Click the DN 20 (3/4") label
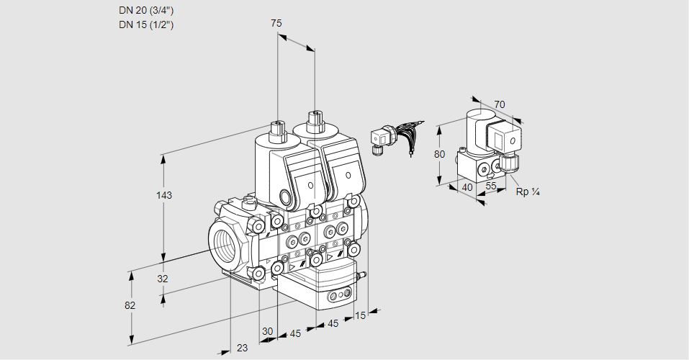pos(146,11)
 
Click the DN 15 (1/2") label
pos(146,24)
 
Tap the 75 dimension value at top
pos(276,23)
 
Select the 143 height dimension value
pos(164,195)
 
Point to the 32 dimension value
pos(163,279)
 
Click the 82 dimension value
pos(130,305)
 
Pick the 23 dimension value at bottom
pos(242,348)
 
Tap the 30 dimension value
pos(267,331)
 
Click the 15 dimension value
pos(360,315)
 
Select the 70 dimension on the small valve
pos(499,104)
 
